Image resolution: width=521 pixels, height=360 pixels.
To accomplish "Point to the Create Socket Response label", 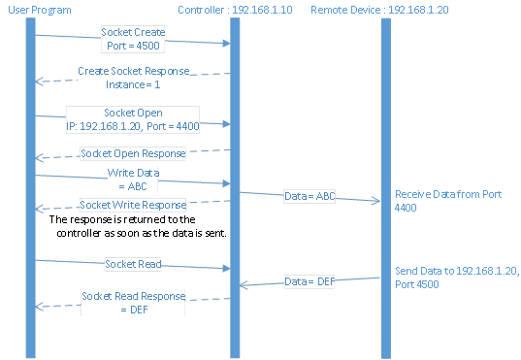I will pyautogui.click(x=133, y=72).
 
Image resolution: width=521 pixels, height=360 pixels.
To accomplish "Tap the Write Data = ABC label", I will pyautogui.click(x=133, y=179).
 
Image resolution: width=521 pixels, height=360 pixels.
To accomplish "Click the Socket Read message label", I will pyautogui.click(x=132, y=263).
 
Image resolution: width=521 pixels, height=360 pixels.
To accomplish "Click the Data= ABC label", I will pyautogui.click(x=309, y=197).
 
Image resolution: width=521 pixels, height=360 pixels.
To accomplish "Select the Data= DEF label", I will pyautogui.click(x=309, y=281).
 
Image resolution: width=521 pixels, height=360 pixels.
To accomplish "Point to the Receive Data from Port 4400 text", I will pyautogui.click(x=441, y=200).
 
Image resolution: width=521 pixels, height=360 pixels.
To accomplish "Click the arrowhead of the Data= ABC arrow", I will pyautogui.click(x=377, y=202).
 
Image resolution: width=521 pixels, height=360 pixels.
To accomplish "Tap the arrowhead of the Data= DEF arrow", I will pyautogui.click(x=243, y=285).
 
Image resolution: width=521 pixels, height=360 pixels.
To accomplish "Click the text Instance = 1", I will pyautogui.click(x=133, y=85).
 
